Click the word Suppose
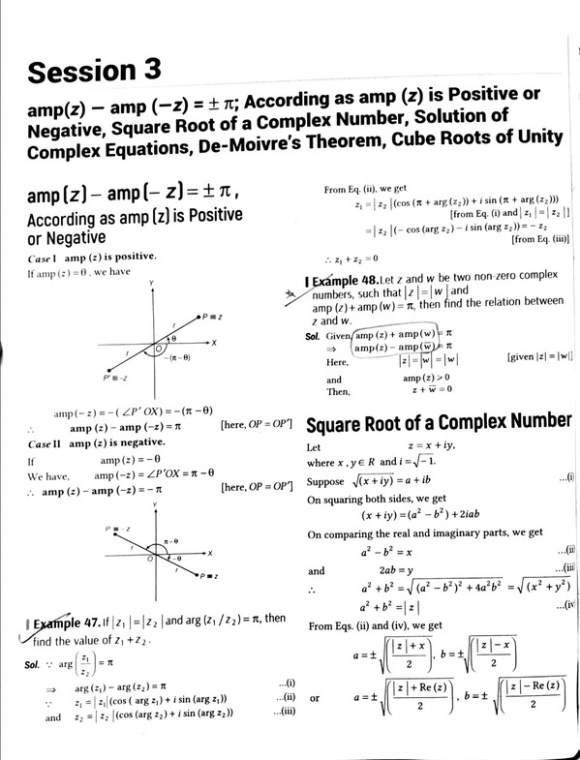(325, 480)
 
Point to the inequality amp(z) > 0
(426, 379)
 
